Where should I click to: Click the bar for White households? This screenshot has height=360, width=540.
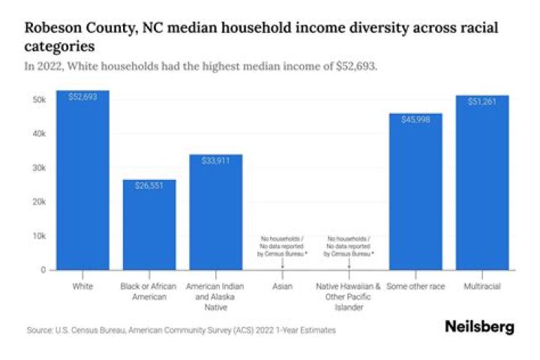83,180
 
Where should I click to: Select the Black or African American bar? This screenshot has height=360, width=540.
149,225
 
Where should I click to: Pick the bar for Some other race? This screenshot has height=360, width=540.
415,191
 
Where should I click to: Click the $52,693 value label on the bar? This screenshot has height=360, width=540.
83,97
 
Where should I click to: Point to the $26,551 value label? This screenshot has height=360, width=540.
149,186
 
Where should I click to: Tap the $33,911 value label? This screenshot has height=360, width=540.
216,160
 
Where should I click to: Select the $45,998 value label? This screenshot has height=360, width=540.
415,119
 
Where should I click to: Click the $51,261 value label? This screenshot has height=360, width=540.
482,101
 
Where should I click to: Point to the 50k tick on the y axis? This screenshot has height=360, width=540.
39,100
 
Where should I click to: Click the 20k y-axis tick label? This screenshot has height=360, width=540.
39,202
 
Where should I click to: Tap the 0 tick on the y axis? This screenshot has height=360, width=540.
43,269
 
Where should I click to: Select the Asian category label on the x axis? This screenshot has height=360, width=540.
283,286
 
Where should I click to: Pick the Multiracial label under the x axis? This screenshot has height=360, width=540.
482,286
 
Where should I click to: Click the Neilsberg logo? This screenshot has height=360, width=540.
480,328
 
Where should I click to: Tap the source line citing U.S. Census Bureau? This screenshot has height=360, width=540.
181,330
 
